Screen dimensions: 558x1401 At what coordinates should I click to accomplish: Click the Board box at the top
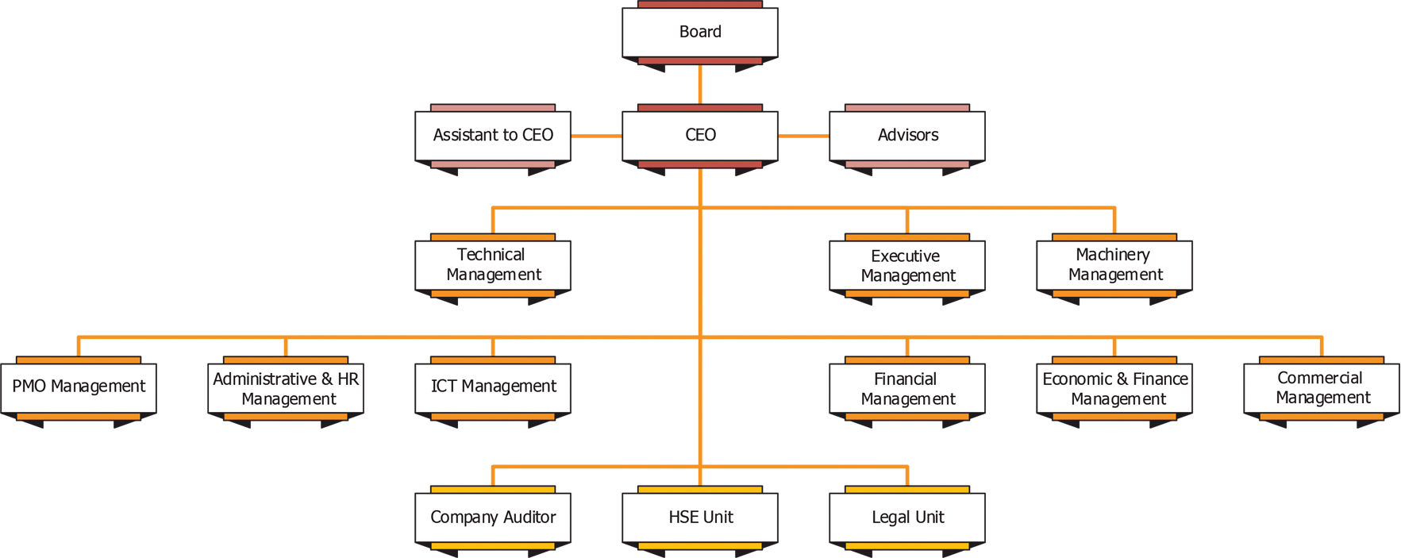coord(699,33)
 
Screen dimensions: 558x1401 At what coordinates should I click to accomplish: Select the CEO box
coord(699,136)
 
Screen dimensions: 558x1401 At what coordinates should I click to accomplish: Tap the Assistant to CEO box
coord(492,136)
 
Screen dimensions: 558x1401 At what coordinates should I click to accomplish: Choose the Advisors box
coord(906,136)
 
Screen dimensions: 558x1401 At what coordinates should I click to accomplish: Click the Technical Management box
coord(492,265)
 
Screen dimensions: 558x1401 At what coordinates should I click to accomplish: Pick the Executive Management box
coord(906,266)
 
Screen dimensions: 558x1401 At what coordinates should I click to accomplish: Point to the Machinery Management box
coord(1114,265)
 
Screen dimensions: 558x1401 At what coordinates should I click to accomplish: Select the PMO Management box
coord(78,387)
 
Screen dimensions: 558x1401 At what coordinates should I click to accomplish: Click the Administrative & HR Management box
coord(285,389)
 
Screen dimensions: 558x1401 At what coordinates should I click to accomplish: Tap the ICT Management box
coord(492,387)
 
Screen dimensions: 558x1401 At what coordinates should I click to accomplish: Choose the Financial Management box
coord(906,389)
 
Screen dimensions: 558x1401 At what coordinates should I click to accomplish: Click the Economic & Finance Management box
coord(1114,389)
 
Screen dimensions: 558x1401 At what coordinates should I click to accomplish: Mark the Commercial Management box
coord(1321,388)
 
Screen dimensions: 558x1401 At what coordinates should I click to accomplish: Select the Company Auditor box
coord(492,518)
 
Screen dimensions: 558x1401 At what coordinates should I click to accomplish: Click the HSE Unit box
coord(699,518)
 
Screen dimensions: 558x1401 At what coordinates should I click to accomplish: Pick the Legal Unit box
coord(906,518)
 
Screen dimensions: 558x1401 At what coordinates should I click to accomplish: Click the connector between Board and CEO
coord(699,86)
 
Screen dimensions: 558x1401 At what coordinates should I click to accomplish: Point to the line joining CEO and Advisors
coord(803,136)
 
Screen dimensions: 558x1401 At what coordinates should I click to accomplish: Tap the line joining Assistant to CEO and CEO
coord(596,136)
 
